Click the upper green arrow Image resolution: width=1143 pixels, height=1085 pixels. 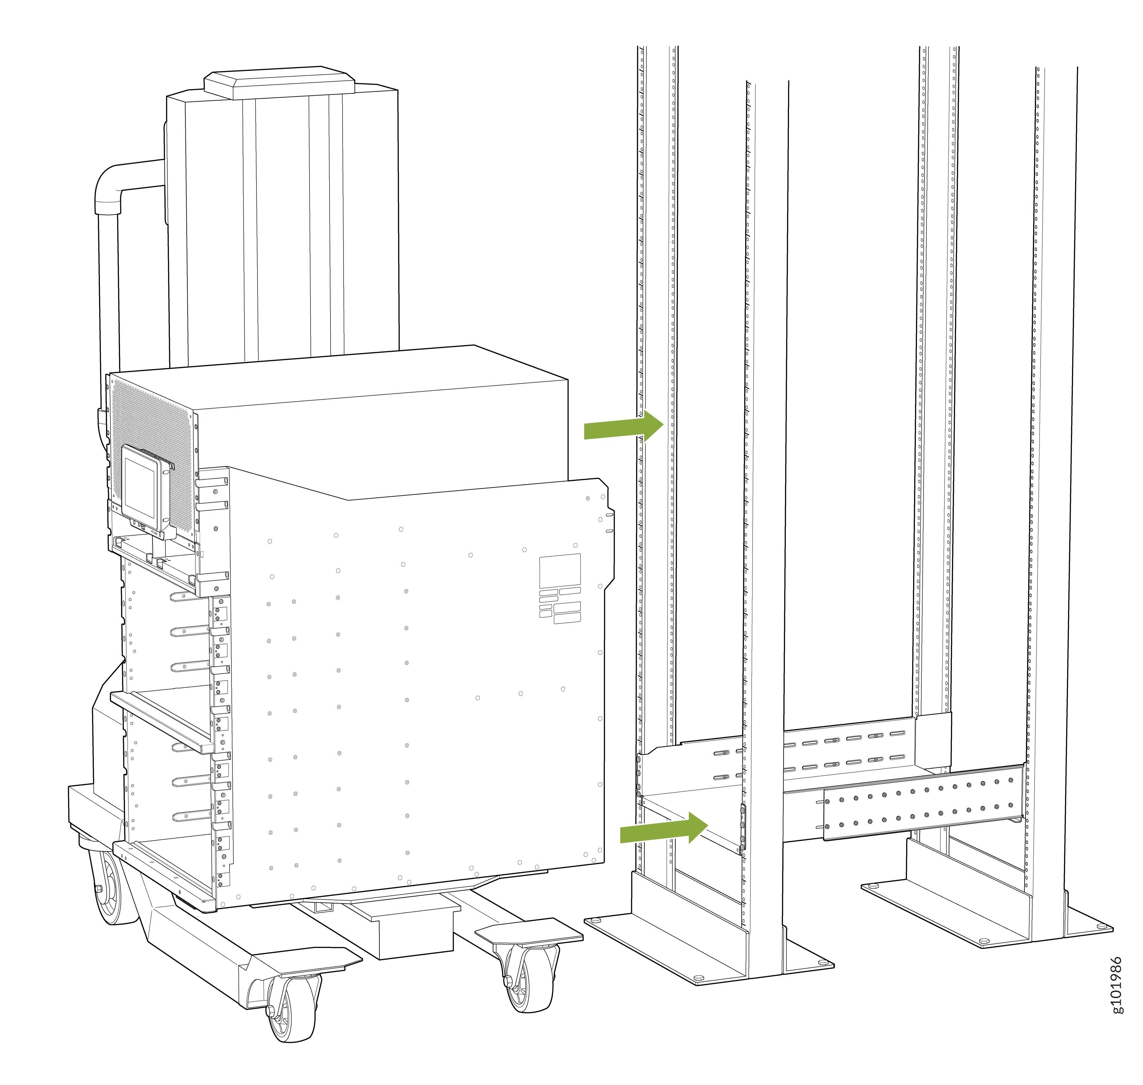pyautogui.click(x=623, y=426)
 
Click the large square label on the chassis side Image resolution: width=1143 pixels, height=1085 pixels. pyautogui.click(x=560, y=570)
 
